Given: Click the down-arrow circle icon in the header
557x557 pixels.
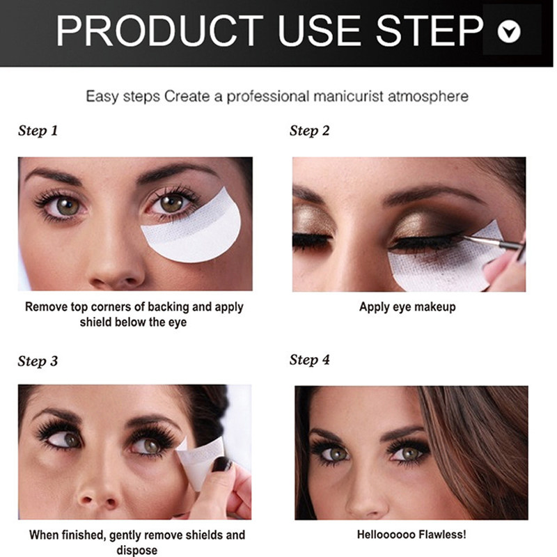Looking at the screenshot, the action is point(509,31).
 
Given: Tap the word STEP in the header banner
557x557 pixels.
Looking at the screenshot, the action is point(430,31).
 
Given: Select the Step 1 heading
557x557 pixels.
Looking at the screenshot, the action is point(38,131).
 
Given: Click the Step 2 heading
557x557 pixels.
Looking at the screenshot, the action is point(309,131).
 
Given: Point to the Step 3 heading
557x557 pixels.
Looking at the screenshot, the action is point(38,361).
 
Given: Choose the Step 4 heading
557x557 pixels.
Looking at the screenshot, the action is point(309,360).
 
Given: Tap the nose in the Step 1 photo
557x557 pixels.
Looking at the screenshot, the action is point(117,263).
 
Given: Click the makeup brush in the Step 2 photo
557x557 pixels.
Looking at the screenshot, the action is point(494,242).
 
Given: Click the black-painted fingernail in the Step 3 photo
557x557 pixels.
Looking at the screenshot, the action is point(221,464).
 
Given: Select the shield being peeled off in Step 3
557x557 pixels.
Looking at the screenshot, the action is point(200,462).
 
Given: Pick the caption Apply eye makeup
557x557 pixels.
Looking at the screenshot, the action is point(407,307).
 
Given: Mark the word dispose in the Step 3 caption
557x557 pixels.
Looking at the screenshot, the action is point(137,550).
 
